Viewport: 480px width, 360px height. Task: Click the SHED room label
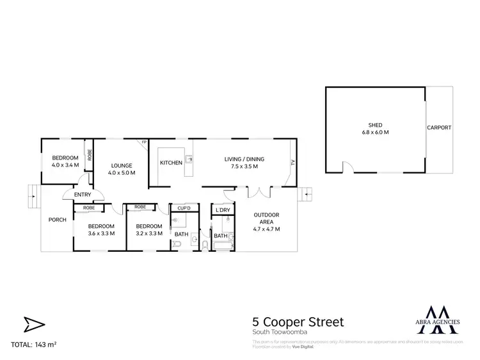(x=374, y=125)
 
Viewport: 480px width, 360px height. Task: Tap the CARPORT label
(x=439, y=127)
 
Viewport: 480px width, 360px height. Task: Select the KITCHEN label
(x=171, y=163)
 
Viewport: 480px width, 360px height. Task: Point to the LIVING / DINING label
(x=244, y=159)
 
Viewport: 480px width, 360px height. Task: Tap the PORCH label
(x=58, y=220)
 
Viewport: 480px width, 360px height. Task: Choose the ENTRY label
(x=83, y=195)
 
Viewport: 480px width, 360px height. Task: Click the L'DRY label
(x=223, y=210)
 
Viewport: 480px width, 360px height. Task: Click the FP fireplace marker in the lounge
(x=145, y=142)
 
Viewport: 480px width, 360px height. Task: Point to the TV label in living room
(x=293, y=162)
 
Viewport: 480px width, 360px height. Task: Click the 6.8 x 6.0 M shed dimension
(x=374, y=132)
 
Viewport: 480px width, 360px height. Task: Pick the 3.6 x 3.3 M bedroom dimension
(x=101, y=233)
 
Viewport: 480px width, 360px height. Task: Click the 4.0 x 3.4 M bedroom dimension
(x=65, y=165)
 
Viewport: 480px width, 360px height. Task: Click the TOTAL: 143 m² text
(x=34, y=345)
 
